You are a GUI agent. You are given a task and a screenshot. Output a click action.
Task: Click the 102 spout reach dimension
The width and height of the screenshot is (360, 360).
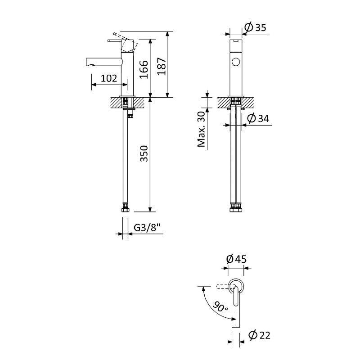pyautogui.click(x=109, y=78)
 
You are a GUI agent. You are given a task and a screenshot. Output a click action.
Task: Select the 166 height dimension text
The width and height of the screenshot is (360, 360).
pyautogui.click(x=144, y=70)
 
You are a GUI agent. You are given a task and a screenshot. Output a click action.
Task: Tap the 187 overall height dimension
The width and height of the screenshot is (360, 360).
pyautogui.click(x=162, y=66)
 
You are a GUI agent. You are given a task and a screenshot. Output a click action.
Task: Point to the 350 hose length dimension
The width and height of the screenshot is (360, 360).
pyautogui.click(x=144, y=153)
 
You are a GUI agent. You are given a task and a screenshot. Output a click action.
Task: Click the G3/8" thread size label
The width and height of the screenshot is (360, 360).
pyautogui.click(x=147, y=228)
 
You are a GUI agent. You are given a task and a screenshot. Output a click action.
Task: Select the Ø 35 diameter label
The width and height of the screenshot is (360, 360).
pyautogui.click(x=255, y=27)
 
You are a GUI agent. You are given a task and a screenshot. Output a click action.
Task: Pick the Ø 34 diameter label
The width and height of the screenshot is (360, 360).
pyautogui.click(x=258, y=118)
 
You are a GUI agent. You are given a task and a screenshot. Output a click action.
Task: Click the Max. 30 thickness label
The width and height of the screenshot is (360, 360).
pyautogui.click(x=201, y=129)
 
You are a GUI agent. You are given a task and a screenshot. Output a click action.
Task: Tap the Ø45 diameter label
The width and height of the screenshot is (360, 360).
pyautogui.click(x=236, y=259)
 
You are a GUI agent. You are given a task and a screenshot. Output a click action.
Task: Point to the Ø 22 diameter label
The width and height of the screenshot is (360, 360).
pyautogui.click(x=260, y=335)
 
